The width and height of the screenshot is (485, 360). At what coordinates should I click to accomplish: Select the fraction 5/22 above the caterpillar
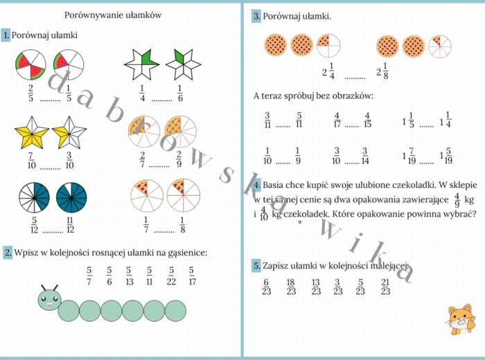171,276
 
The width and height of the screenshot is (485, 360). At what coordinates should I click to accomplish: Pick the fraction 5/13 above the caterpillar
130,276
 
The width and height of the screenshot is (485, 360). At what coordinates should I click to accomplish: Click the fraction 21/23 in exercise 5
385,287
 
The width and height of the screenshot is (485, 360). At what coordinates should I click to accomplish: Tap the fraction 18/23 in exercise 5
291,287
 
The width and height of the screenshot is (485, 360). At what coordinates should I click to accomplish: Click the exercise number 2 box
7,253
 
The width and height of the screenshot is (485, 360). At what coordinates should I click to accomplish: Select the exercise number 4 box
256,185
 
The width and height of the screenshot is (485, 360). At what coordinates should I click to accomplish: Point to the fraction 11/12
70,226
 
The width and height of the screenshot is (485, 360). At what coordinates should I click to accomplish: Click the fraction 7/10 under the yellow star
30,161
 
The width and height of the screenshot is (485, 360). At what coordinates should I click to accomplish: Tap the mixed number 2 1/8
382,71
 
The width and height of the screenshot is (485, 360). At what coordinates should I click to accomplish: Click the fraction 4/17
337,120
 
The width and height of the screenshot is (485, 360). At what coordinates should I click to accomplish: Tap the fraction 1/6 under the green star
179,93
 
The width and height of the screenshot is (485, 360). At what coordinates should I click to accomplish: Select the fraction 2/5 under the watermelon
30,93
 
